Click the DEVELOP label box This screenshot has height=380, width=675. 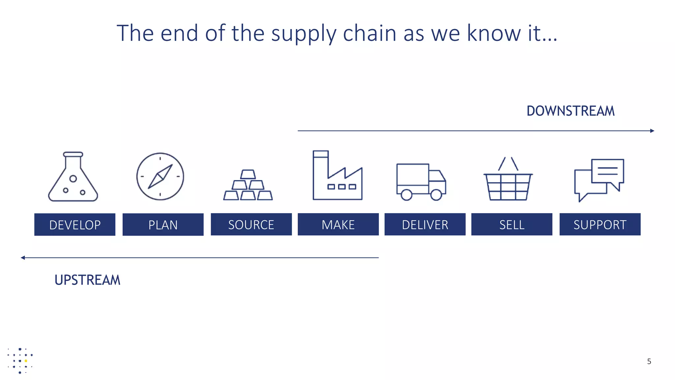pyautogui.click(x=75, y=225)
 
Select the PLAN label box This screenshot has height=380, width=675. pyautogui.click(x=163, y=225)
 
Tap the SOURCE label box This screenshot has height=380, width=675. pyautogui.click(x=251, y=224)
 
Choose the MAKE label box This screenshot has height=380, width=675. pyautogui.click(x=338, y=224)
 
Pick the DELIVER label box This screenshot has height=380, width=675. pyautogui.click(x=425, y=224)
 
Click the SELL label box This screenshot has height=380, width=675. pyautogui.click(x=512, y=224)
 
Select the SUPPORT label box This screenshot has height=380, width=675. pyautogui.click(x=600, y=224)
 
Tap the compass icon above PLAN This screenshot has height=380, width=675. pyautogui.click(x=160, y=176)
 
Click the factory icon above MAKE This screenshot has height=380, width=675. pyautogui.click(x=337, y=175)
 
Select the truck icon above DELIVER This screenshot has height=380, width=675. pyautogui.click(x=421, y=182)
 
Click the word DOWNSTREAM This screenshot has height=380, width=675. pyautogui.click(x=571, y=111)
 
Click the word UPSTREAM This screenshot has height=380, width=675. pyautogui.click(x=87, y=280)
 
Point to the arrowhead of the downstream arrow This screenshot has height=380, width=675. pyautogui.click(x=652, y=131)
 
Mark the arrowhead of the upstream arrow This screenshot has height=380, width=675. pyautogui.click(x=23, y=258)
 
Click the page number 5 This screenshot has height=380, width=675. pyautogui.click(x=649, y=362)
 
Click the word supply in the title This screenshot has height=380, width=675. pyautogui.click(x=304, y=34)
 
